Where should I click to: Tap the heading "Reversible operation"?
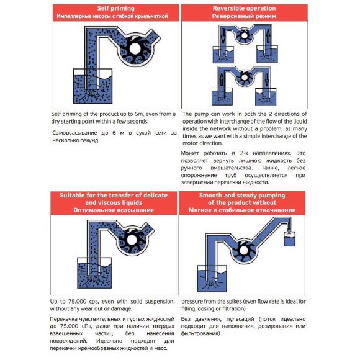click(x=244, y=7)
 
